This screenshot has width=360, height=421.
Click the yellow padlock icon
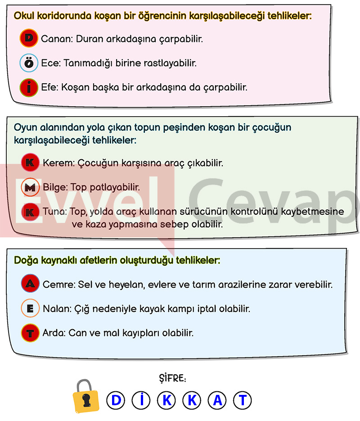tap(86, 397)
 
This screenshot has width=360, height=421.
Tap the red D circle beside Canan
tap(29, 39)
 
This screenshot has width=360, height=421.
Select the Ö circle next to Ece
tap(29, 63)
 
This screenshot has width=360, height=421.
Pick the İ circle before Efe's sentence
tap(29, 87)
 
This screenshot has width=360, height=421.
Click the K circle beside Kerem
tap(31, 163)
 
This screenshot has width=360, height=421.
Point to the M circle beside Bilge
tap(31, 187)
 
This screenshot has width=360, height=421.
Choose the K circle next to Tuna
tap(31, 211)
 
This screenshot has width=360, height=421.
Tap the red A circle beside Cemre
tap(30, 284)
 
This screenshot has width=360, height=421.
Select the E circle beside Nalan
tap(30, 309)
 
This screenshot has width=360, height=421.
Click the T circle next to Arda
tap(30, 334)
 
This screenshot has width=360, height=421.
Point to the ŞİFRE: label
tap(173, 378)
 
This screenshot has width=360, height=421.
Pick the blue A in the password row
tap(217, 400)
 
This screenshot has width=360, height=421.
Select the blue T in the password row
tap(243, 400)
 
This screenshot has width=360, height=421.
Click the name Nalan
tap(54, 309)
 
